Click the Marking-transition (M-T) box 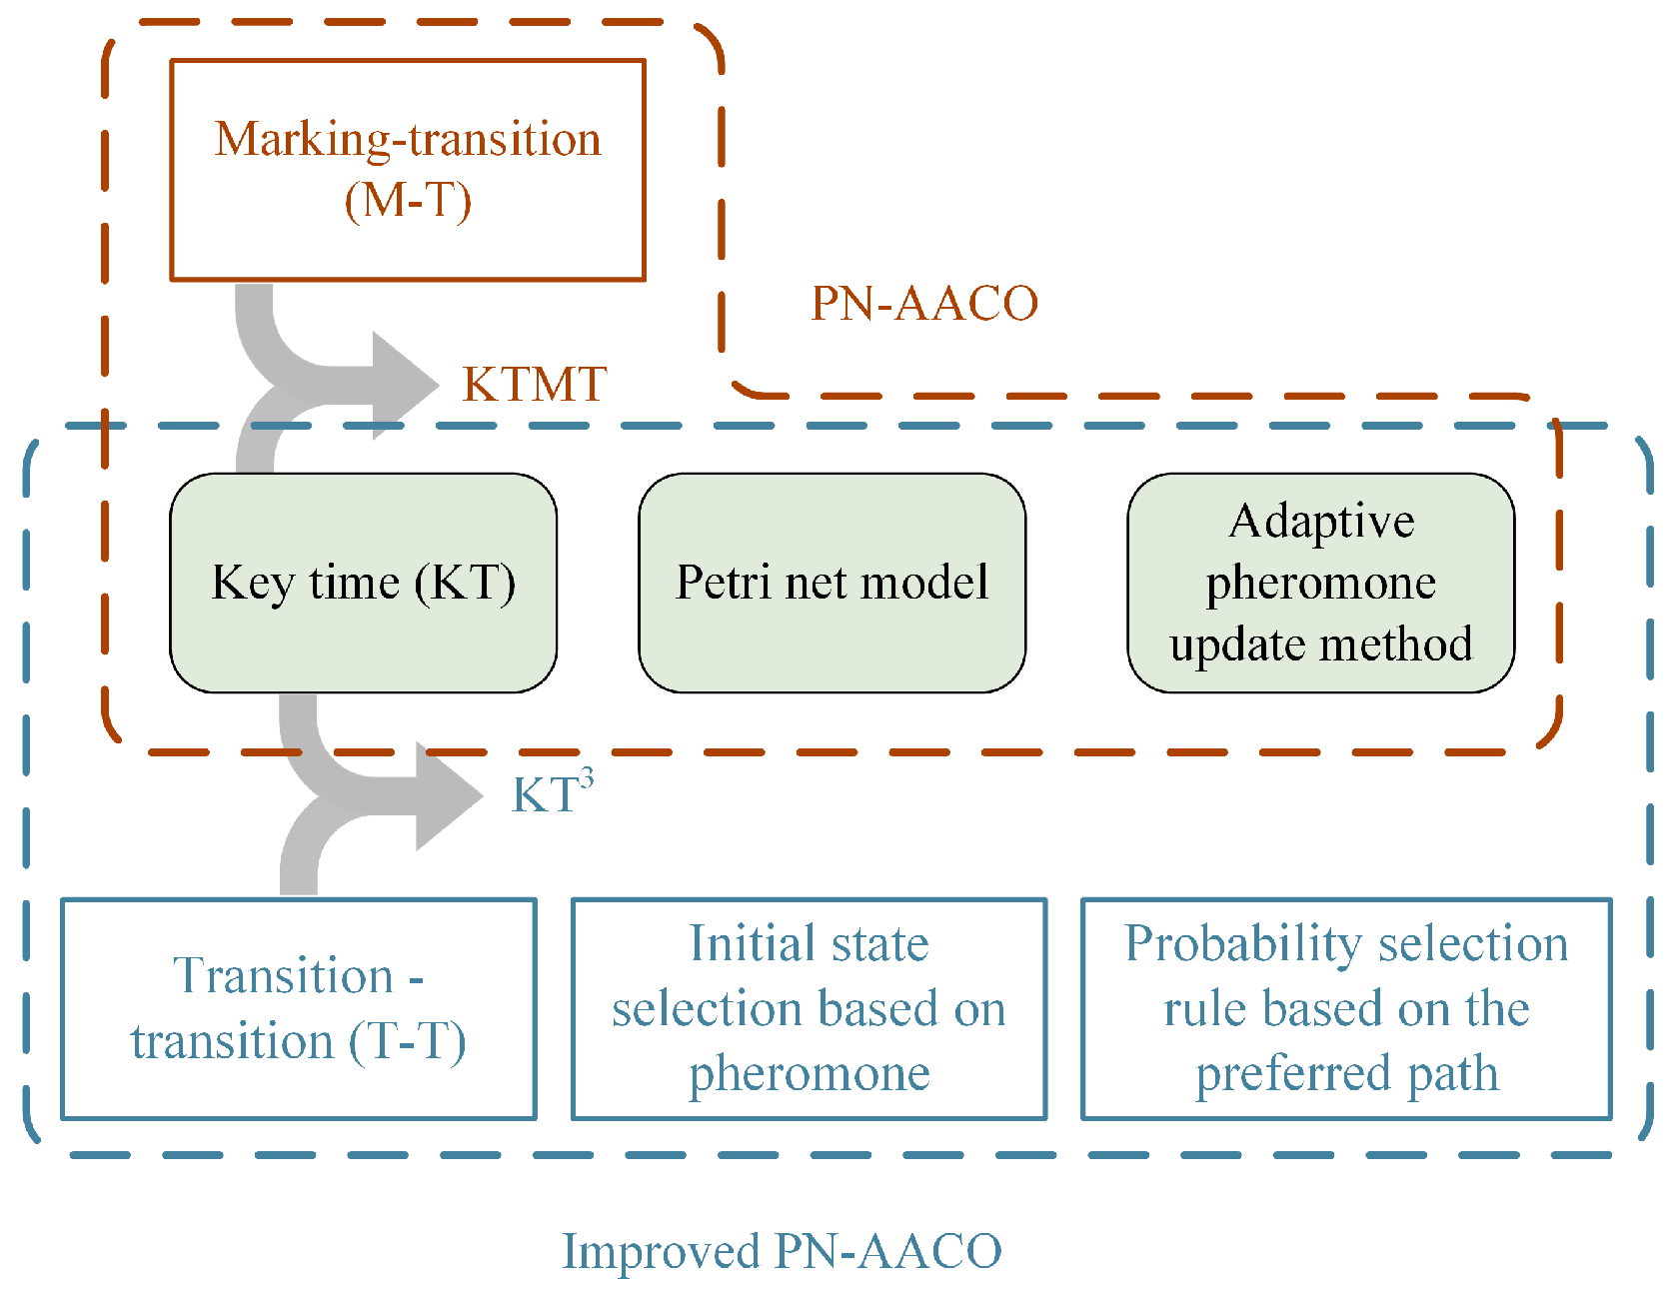click(408, 170)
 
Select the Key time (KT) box click(363, 583)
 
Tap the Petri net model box click(832, 583)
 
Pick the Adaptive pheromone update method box click(1320, 583)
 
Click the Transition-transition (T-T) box click(298, 1008)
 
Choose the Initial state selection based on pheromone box click(809, 1008)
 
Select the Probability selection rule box click(1346, 1008)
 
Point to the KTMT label click(535, 385)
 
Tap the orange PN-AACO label click(924, 304)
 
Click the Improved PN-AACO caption click(782, 1251)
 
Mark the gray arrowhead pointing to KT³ click(449, 796)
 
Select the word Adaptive click(1321, 522)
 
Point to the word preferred click(1291, 1074)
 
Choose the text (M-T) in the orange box click(408, 200)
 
